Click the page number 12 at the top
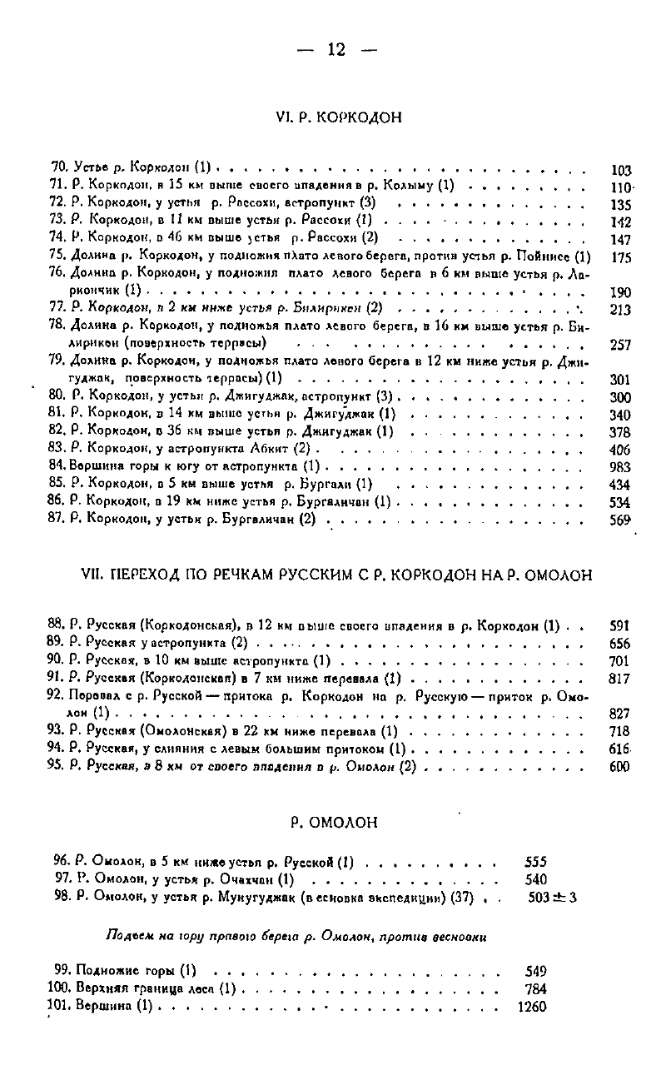(335, 50)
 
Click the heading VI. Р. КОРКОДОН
(337, 117)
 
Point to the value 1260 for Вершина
(532, 1006)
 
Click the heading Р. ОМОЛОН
(335, 824)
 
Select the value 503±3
(552, 898)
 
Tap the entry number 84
(57, 466)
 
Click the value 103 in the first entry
(620, 170)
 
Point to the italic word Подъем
(128, 936)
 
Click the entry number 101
(61, 1005)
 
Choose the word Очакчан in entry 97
(251, 879)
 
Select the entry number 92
(57, 695)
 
